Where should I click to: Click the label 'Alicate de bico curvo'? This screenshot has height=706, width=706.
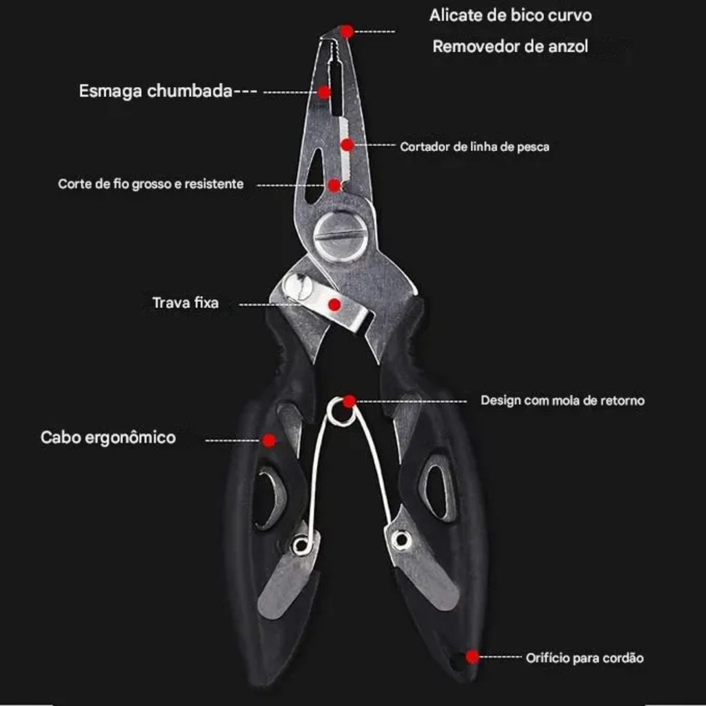[x=510, y=15]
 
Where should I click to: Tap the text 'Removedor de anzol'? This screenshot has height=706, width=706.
[x=510, y=46]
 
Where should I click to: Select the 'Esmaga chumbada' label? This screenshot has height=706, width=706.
[x=155, y=91]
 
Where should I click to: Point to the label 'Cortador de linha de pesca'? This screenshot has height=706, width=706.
[x=474, y=147]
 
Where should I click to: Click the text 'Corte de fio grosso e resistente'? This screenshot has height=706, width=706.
[x=151, y=183]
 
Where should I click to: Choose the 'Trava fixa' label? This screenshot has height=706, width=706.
[x=185, y=303]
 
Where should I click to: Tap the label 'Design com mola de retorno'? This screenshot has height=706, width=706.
[x=563, y=401]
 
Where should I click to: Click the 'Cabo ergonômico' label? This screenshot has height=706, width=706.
[x=108, y=438]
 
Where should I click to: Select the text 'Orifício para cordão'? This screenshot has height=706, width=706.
[x=585, y=658]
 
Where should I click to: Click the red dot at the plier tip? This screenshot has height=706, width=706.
[x=347, y=32]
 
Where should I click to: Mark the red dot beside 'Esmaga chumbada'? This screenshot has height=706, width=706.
[x=324, y=92]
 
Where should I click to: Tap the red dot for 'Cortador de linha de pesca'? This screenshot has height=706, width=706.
[x=347, y=145]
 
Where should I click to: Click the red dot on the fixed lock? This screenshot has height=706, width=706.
[x=334, y=305]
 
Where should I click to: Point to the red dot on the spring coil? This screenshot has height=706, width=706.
[x=349, y=401]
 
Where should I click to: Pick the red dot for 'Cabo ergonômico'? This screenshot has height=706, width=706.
[x=270, y=441]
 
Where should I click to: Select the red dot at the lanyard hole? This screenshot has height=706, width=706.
[x=472, y=657]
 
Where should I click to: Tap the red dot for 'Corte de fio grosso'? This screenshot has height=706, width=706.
[x=334, y=185]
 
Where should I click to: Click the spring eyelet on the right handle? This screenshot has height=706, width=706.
[x=401, y=539]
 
